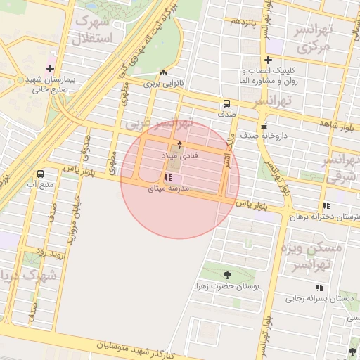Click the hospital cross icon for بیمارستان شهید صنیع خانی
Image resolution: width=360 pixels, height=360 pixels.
[x=50, y=69]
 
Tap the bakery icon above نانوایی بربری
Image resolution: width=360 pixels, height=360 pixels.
[x=164, y=72]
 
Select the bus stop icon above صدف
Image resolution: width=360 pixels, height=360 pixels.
[x=226, y=103]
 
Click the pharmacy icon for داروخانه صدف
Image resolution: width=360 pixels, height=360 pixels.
[x=264, y=127]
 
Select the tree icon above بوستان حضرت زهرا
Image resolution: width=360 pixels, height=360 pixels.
[x=227, y=275]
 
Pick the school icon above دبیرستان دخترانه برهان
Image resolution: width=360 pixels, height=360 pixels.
[x=326, y=206]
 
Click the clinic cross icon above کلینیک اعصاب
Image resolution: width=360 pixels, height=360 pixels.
[x=268, y=60]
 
